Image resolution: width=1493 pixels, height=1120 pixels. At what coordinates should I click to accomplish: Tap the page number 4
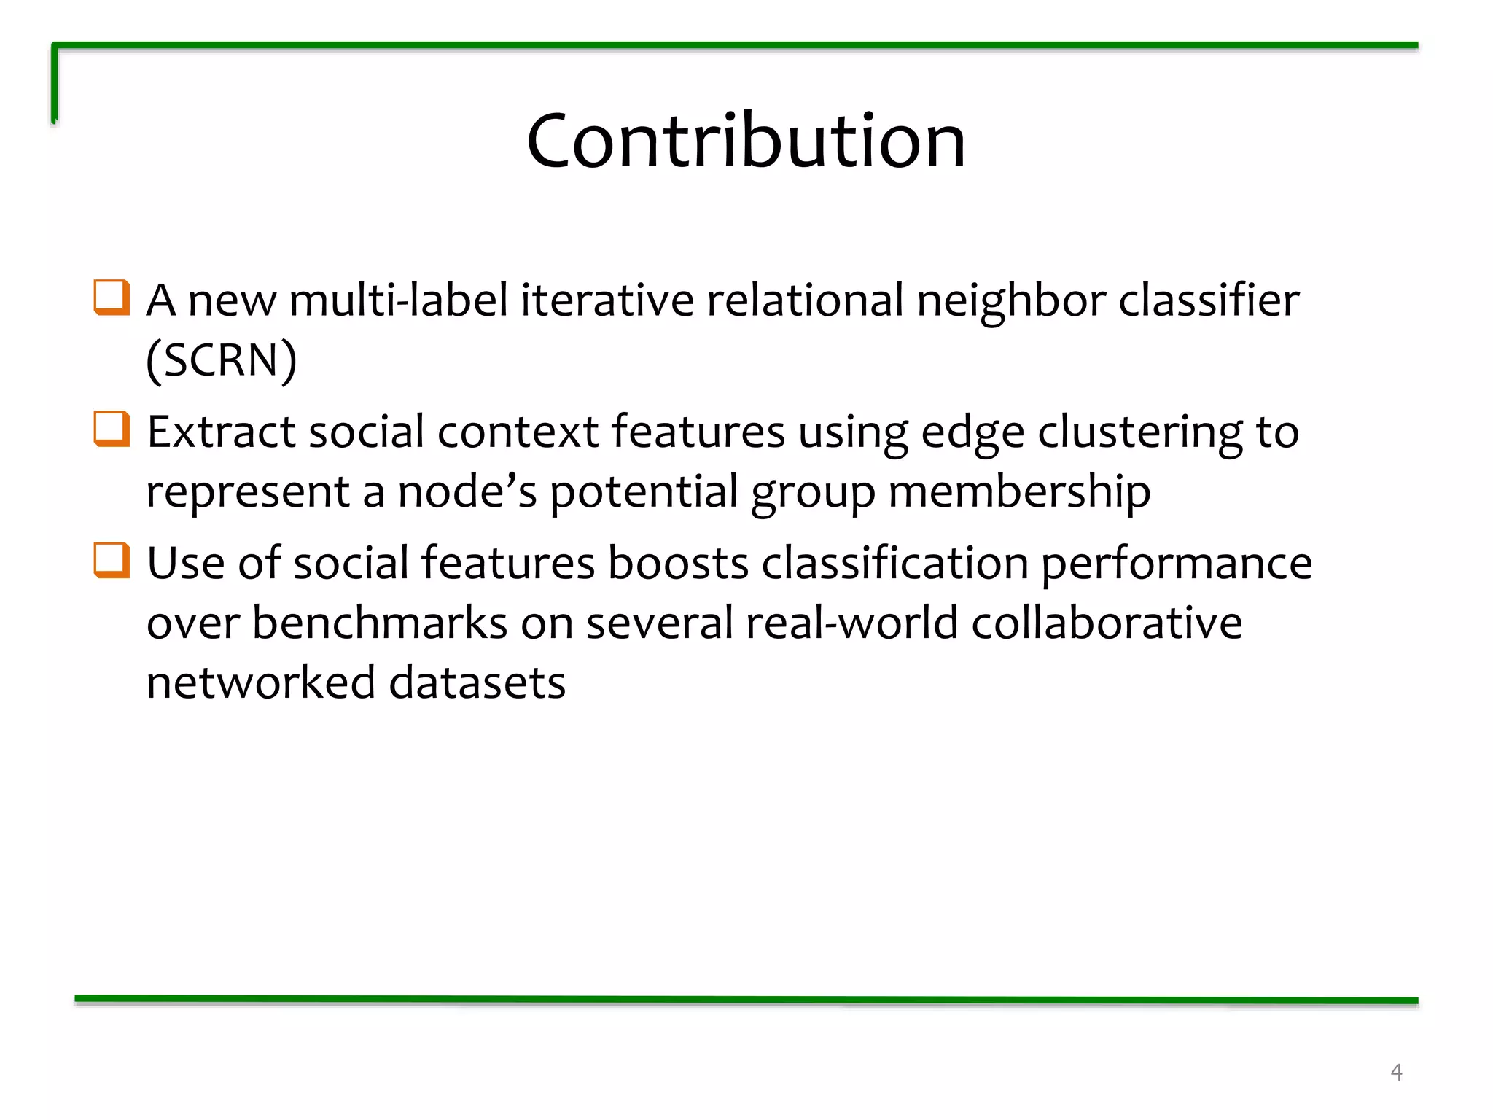pos(1396,1072)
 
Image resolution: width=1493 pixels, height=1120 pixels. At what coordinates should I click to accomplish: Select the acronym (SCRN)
pos(222,359)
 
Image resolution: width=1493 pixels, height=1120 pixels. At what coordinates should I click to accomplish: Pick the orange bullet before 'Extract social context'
pos(112,429)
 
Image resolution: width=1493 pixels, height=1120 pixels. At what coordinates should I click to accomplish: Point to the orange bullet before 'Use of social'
pos(112,561)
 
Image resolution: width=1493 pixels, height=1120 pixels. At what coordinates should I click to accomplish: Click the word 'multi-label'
pos(399,300)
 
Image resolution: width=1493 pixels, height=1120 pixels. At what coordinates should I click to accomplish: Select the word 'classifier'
pos(1209,300)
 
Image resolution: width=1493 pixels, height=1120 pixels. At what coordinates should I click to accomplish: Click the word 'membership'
pos(1019,491)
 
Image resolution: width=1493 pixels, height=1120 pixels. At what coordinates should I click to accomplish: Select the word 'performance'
pos(1176,564)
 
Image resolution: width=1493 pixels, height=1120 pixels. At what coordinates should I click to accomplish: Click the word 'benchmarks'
pos(380,623)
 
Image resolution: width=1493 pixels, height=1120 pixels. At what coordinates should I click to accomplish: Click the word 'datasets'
pos(477,682)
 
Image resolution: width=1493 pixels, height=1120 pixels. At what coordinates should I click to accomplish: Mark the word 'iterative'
pos(607,300)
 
